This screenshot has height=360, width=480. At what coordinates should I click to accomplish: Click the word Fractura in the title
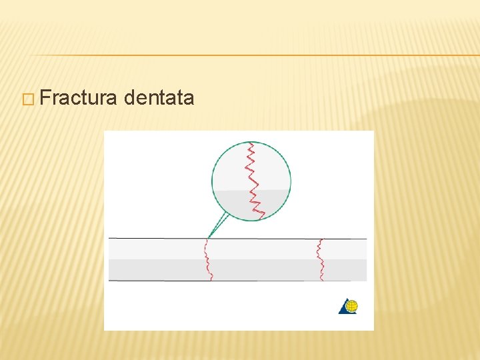tap(79, 99)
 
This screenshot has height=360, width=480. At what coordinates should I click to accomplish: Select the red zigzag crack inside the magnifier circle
tap(253, 180)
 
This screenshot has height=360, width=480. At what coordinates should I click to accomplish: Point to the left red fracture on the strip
tap(207, 260)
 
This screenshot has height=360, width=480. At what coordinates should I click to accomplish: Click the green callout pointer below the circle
tap(219, 224)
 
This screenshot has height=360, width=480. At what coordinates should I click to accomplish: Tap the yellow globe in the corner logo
tap(351, 306)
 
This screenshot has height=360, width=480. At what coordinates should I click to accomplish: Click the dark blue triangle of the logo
tap(343, 309)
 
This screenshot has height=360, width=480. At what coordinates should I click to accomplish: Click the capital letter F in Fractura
tap(45, 99)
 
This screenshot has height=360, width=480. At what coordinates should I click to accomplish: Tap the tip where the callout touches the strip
tap(208, 237)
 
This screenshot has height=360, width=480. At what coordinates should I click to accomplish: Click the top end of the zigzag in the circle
tap(250, 143)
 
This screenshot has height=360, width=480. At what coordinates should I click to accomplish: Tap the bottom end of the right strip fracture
tap(323, 280)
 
